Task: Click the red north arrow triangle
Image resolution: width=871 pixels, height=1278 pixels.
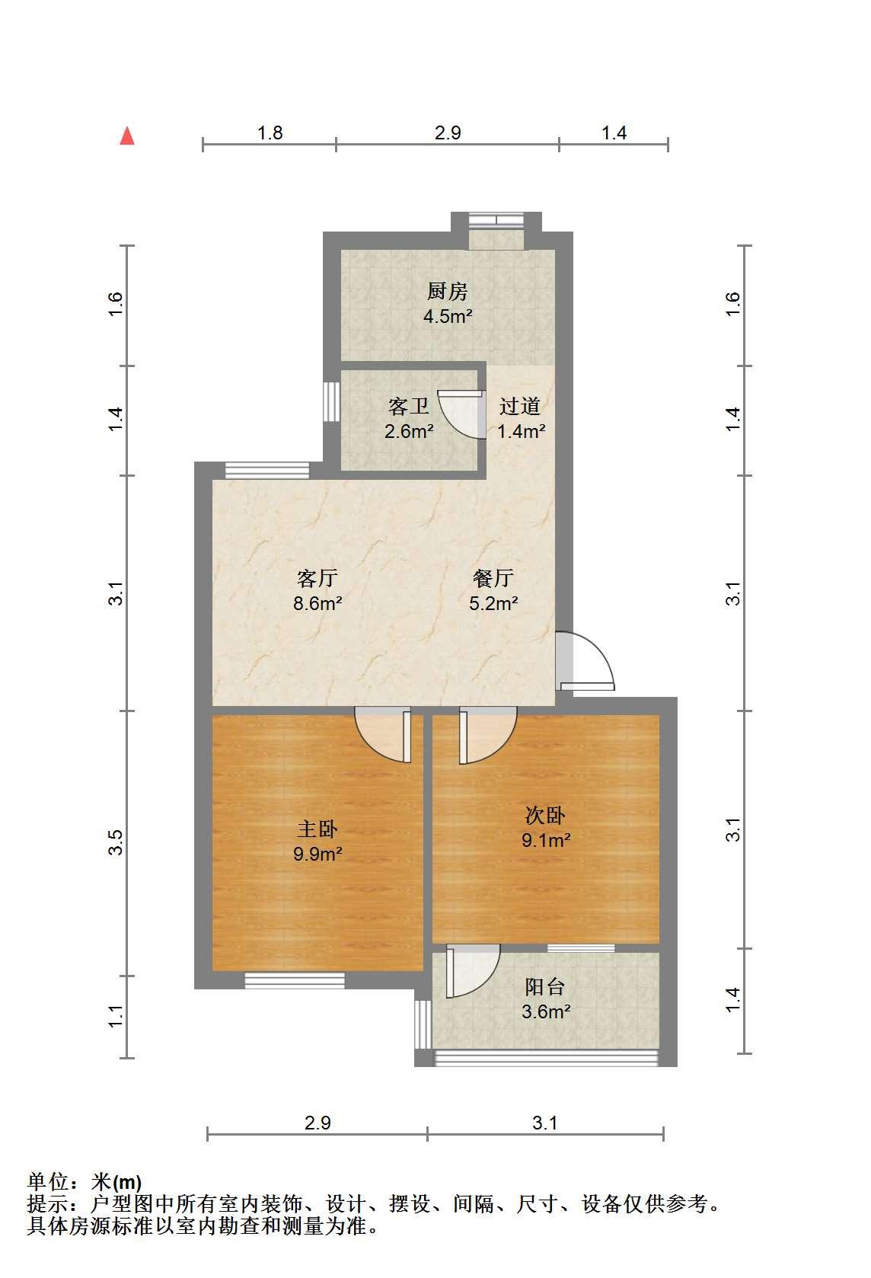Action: point(126,136)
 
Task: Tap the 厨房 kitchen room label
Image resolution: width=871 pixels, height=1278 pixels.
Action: point(447,291)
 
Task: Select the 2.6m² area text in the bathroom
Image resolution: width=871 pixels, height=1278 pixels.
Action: point(409,431)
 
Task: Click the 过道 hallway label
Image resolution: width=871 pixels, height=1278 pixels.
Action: point(520,406)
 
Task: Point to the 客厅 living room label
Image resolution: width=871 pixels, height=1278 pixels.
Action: point(317,578)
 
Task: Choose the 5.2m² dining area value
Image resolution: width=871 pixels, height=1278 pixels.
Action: point(493,603)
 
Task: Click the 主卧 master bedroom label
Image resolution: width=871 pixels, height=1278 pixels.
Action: point(317,829)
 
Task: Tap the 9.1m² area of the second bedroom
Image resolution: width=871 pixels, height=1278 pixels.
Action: point(546,840)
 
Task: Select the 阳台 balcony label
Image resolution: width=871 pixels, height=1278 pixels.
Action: point(544,986)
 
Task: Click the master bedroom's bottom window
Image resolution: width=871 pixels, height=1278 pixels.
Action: point(295,980)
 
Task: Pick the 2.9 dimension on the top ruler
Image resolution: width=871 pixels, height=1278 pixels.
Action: point(448,133)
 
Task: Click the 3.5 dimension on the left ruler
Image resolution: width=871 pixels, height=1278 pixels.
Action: point(115,842)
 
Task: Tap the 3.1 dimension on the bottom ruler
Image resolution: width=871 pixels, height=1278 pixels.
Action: point(544,1123)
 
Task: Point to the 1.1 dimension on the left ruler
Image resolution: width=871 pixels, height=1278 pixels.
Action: point(115,1016)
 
